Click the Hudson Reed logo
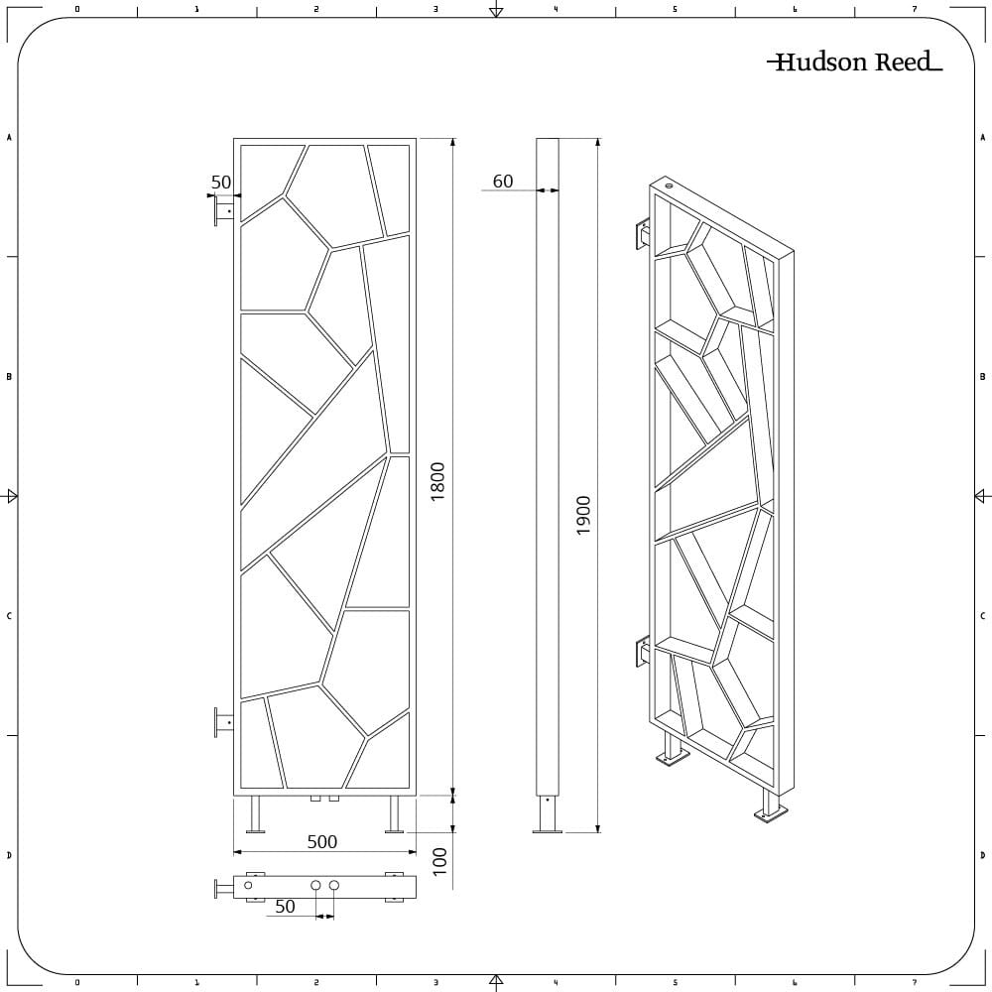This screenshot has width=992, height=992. [855, 62]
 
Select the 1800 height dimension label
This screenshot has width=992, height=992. [437, 481]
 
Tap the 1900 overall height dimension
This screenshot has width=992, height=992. [582, 515]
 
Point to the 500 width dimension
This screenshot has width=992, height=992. [322, 841]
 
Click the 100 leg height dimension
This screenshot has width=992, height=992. [439, 862]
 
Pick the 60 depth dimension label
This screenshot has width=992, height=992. [503, 182]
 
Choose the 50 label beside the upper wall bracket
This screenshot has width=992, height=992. [221, 183]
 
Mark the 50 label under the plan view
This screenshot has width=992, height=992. [286, 907]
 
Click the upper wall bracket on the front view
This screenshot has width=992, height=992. [224, 208]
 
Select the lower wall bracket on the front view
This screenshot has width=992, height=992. [224, 722]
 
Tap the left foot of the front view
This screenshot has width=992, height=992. [255, 814]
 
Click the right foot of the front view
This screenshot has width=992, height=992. [395, 814]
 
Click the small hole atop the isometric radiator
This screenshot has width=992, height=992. [670, 186]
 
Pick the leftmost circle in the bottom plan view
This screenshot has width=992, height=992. [248, 885]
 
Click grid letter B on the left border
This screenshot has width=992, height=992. [9, 376]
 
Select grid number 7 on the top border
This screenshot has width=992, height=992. [915, 9]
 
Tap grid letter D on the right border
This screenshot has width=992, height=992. [982, 855]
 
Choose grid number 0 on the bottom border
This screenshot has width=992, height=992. [77, 982]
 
